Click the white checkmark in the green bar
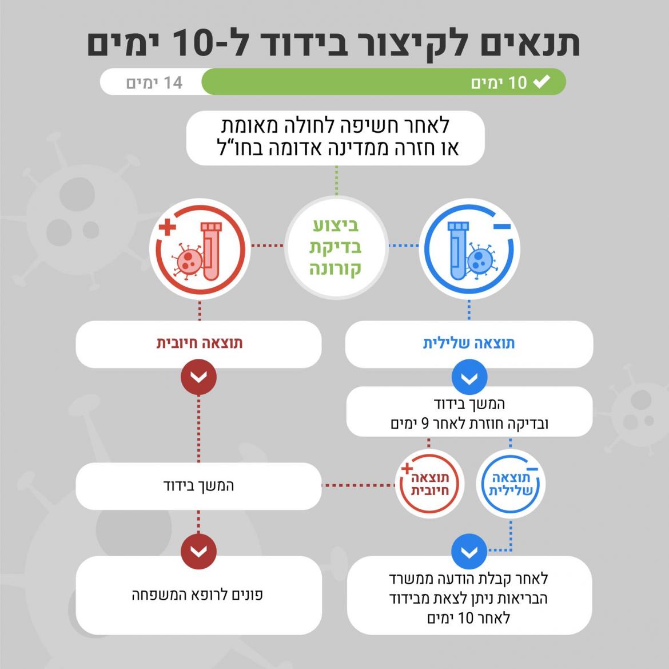click(x=541, y=82)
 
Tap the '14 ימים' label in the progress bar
click(x=154, y=82)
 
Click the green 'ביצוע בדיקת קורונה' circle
click(x=336, y=248)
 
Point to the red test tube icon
click(x=210, y=251)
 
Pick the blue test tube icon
click(x=457, y=251)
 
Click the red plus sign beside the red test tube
click(x=167, y=228)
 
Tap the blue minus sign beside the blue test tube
click(x=501, y=227)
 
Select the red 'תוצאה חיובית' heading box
click(x=199, y=343)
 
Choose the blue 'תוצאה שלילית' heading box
click(x=469, y=343)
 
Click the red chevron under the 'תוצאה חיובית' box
click(x=198, y=378)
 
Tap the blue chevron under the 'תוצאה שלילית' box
click(x=469, y=378)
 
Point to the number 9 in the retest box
click(x=424, y=424)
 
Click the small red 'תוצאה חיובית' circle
click(x=430, y=485)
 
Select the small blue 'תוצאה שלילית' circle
click(x=511, y=485)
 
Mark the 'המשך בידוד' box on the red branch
click(x=198, y=486)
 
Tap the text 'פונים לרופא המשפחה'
click(x=198, y=595)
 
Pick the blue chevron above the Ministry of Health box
click(x=469, y=552)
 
